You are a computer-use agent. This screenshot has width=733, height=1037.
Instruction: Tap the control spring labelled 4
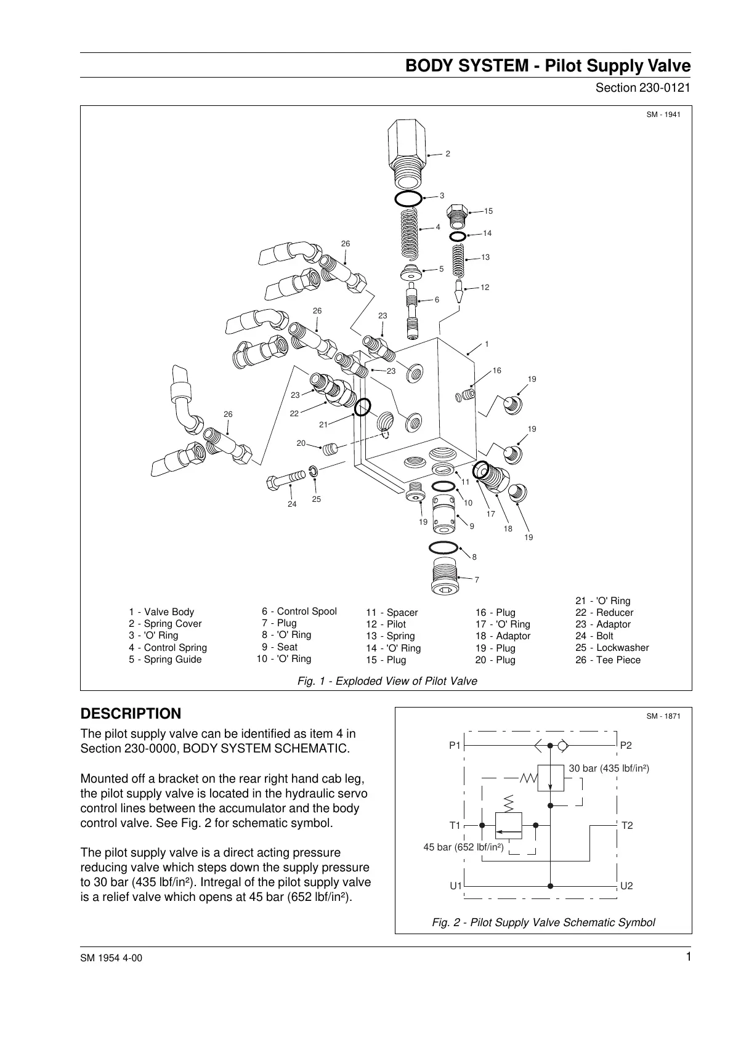408,232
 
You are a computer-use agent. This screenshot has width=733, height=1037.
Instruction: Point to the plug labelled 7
443,576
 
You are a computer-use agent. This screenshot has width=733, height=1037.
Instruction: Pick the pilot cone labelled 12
459,290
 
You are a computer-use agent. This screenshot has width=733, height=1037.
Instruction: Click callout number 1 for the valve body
487,344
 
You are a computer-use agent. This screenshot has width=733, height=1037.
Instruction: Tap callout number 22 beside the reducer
294,413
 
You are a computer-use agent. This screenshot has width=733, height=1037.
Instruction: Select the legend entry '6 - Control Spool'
299,611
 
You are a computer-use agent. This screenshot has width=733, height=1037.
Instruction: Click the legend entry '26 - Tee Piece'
607,660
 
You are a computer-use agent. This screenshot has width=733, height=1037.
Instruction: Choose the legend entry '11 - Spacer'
392,613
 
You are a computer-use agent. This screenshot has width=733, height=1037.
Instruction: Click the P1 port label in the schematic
455,746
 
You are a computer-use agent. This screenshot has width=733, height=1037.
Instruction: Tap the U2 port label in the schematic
626,886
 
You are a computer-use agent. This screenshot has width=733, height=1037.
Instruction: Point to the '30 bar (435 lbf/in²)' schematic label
609,769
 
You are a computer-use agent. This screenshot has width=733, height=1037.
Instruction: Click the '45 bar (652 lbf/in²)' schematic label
463,848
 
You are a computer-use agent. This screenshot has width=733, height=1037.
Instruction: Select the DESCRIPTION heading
131,714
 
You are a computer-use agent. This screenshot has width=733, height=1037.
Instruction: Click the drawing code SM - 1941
663,115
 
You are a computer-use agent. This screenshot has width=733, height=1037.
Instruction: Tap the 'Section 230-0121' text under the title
642,87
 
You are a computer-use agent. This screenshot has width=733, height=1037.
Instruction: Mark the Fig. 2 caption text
543,922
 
